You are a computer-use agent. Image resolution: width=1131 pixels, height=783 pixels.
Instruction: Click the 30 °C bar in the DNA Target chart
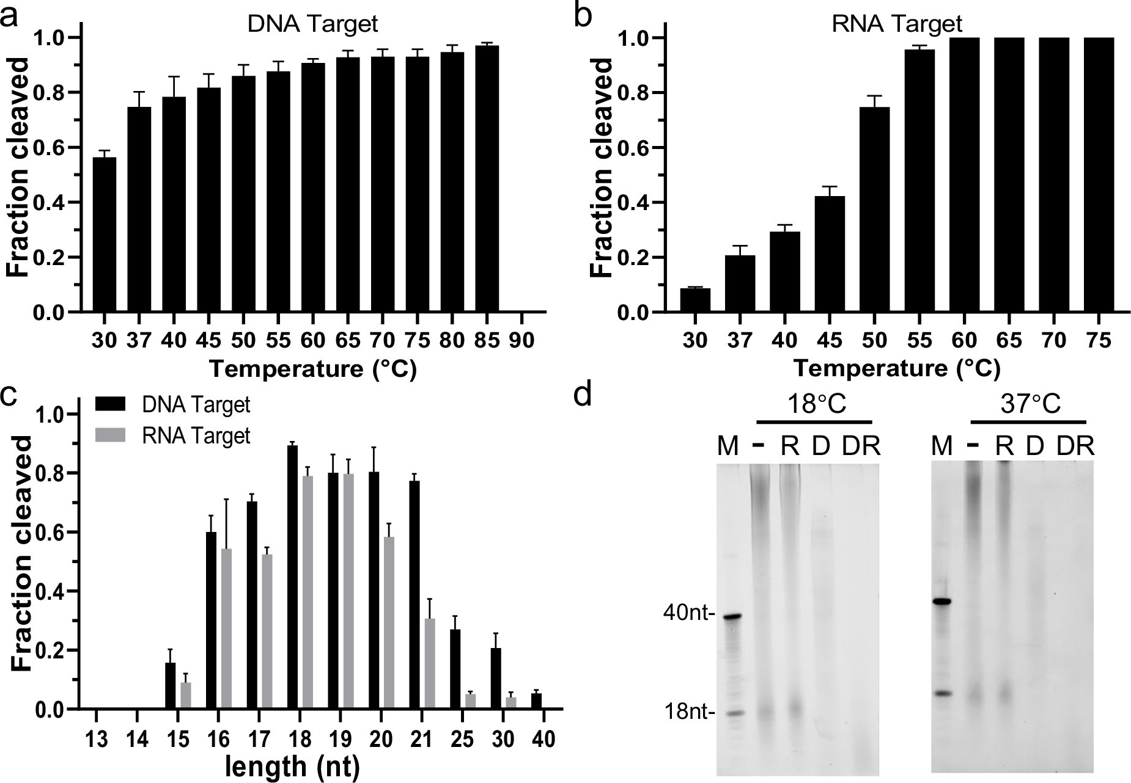click(104, 235)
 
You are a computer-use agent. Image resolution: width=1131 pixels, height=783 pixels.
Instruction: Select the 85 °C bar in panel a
click(487, 179)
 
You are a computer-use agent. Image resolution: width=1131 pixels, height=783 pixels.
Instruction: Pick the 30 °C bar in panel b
click(695, 300)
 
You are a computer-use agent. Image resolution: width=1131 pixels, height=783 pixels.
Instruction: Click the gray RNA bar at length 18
click(308, 592)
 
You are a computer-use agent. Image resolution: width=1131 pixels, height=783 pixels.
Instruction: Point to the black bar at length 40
click(536, 701)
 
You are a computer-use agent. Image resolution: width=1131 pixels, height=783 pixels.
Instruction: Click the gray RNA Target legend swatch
click(110, 435)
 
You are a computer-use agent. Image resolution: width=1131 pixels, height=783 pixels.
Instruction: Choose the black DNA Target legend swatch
click(110, 404)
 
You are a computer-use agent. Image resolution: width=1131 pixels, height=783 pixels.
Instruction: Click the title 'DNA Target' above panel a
click(313, 24)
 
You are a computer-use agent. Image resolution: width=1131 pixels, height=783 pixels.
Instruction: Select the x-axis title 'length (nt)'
click(292, 767)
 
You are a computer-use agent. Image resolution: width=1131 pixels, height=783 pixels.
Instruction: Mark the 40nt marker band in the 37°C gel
click(944, 602)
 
